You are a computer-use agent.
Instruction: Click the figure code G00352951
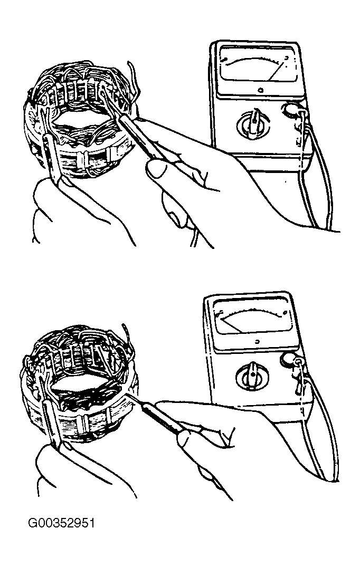click(x=62, y=523)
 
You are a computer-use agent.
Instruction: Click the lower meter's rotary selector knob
click(x=252, y=377)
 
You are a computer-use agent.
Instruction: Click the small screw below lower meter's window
click(x=257, y=341)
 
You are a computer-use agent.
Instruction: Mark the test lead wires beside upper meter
click(x=318, y=174)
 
